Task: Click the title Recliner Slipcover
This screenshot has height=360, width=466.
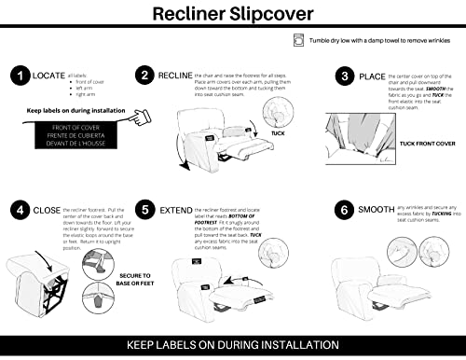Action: (x=233, y=15)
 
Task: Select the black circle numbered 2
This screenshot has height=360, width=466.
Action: (x=144, y=75)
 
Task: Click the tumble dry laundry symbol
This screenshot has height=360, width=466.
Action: (x=297, y=39)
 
